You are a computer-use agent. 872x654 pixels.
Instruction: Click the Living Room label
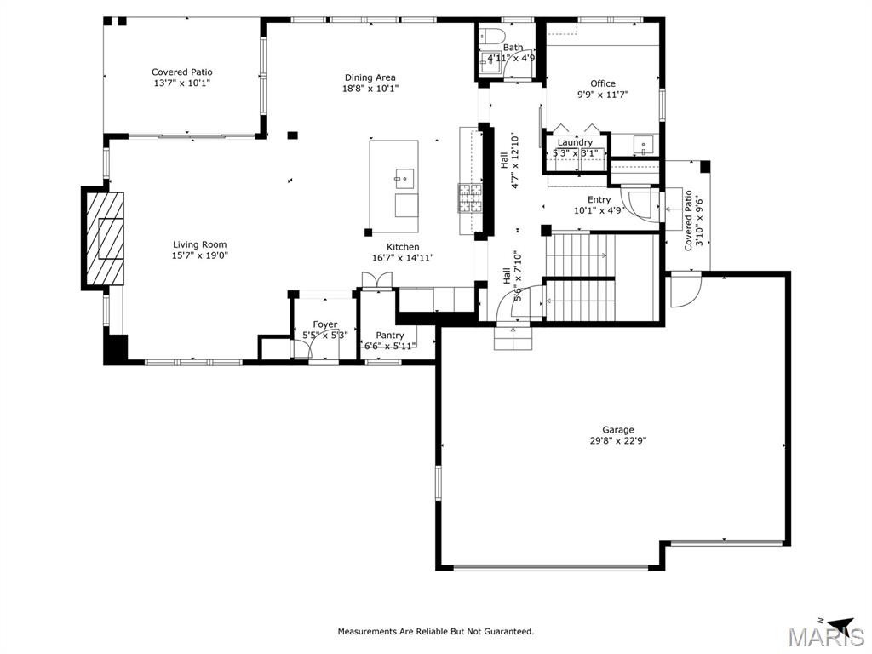tap(199, 244)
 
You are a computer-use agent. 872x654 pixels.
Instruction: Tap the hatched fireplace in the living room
tap(105, 239)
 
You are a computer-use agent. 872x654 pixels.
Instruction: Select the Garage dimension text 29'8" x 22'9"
tap(618, 441)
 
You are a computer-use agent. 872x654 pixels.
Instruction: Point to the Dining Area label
tap(370, 77)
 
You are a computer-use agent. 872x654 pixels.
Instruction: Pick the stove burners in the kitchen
tap(470, 198)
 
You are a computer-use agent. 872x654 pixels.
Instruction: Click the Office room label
tap(603, 83)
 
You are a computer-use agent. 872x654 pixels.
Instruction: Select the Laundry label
tap(575, 142)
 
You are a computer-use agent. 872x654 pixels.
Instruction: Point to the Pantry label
tap(390, 336)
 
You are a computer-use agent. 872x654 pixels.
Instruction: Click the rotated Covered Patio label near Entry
tap(688, 221)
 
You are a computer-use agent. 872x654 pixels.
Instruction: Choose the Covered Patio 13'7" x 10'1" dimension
tap(182, 83)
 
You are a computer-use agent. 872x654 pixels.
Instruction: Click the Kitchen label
tap(403, 247)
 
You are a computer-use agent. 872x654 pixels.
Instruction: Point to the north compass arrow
tap(840, 623)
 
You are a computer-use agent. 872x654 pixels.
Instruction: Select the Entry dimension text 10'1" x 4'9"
tap(599, 211)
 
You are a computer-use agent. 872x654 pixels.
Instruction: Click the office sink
tap(644, 146)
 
